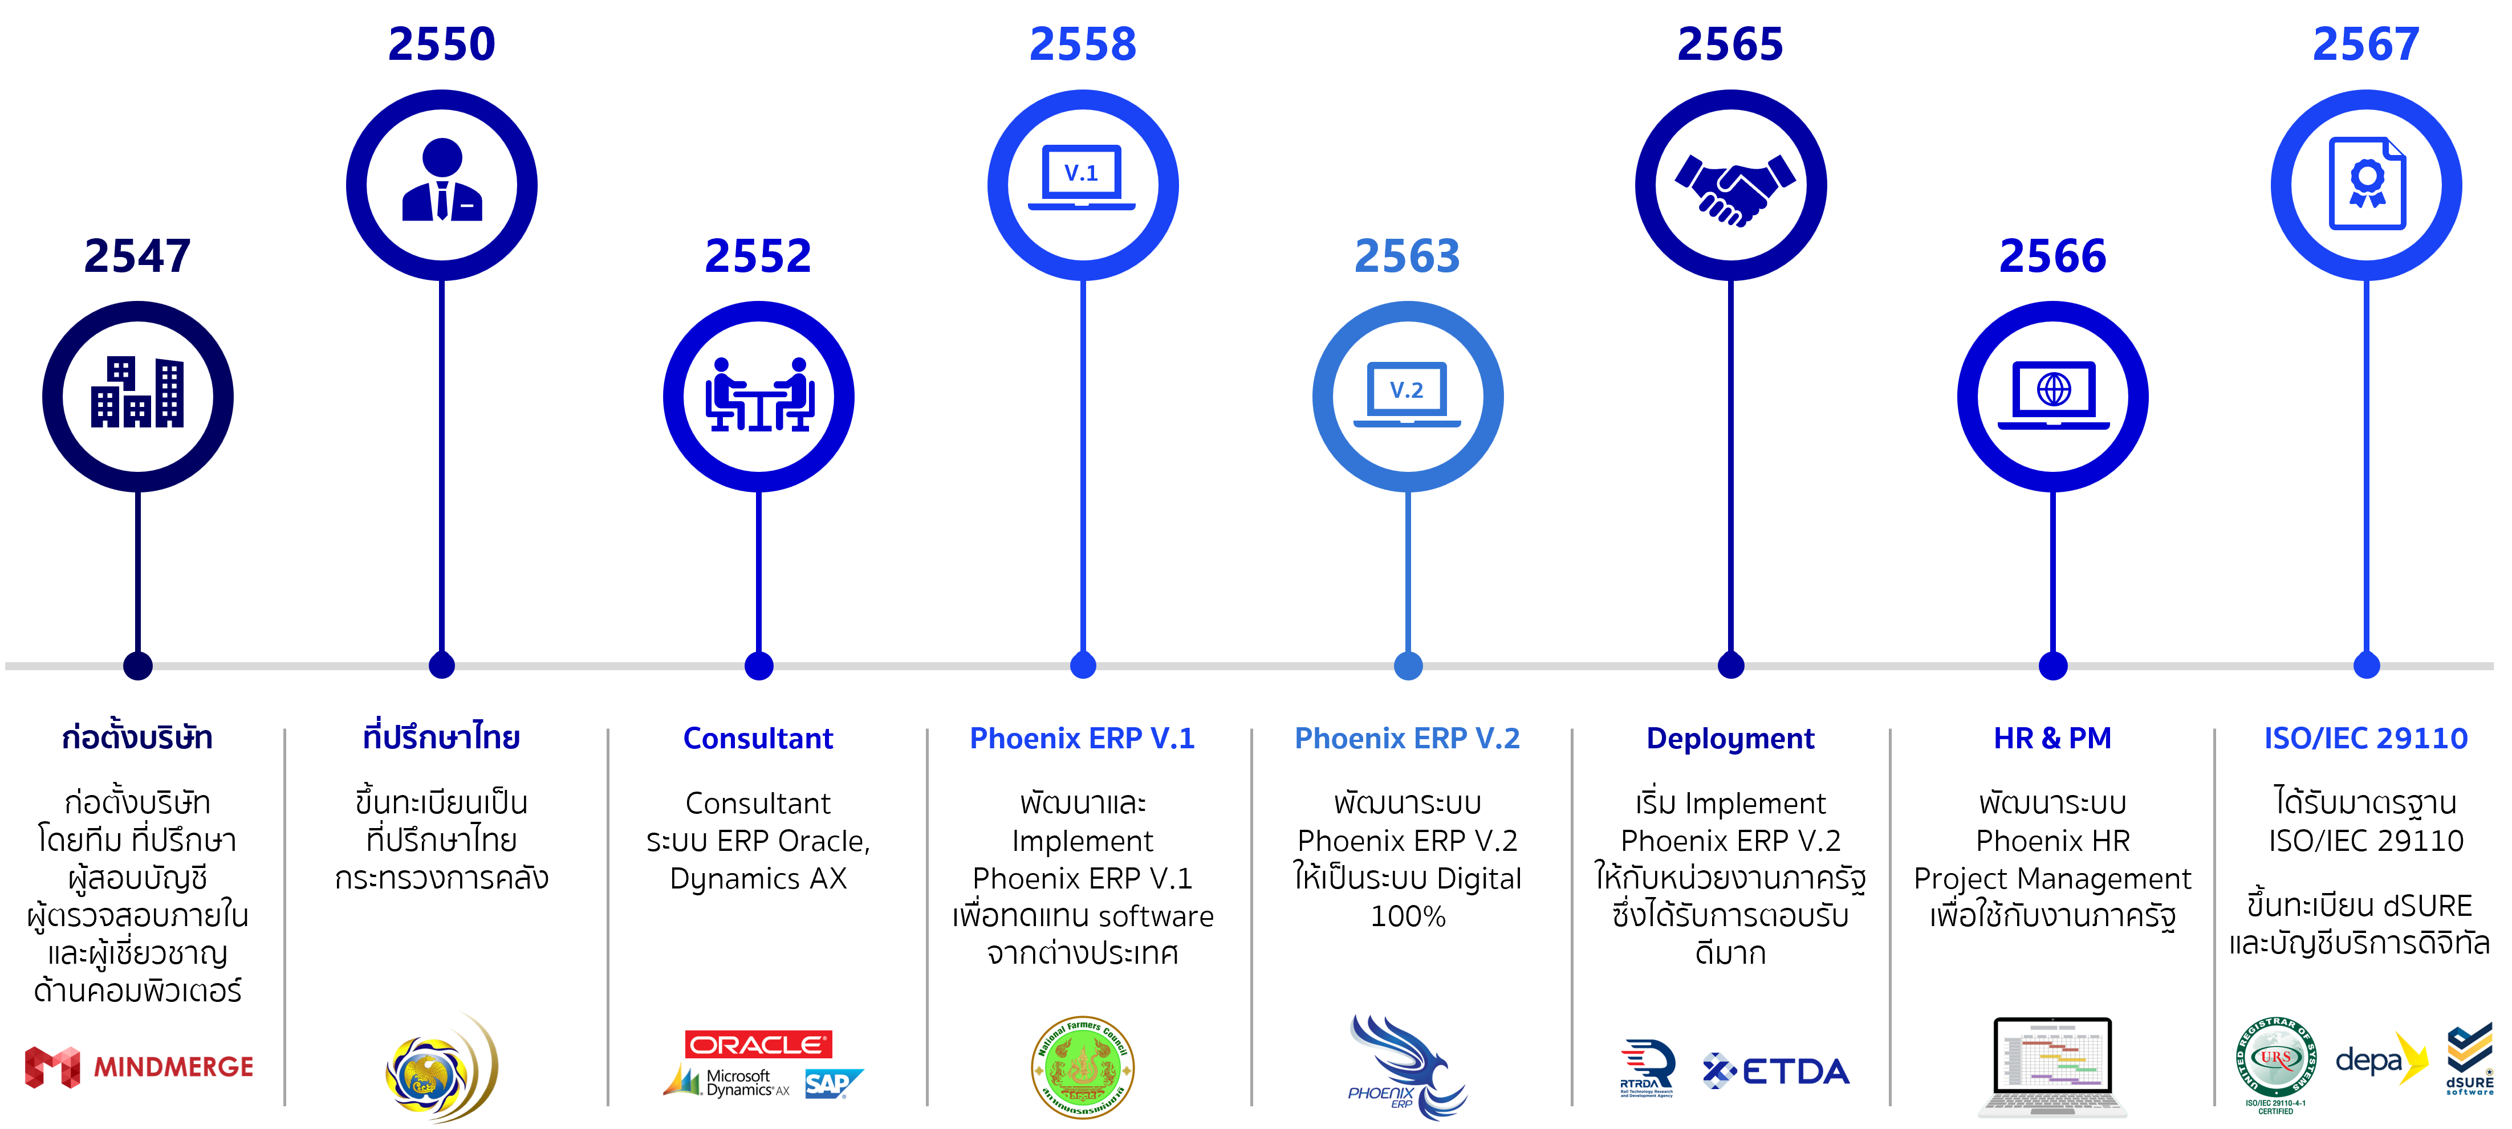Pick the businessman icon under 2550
pos(442,184)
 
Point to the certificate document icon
pos(2367,184)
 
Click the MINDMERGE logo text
pos(173,1067)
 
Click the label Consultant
pos(758,738)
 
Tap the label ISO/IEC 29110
pos(2365,738)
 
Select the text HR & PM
pos(2052,738)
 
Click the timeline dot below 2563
pos(1407,666)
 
